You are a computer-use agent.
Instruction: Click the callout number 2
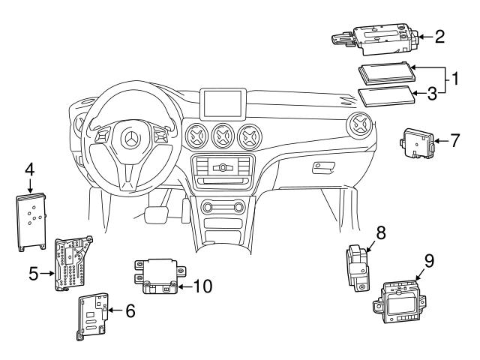[439, 37]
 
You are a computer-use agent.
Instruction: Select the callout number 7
[455, 140]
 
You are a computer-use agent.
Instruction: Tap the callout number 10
[202, 286]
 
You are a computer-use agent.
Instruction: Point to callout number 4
[30, 169]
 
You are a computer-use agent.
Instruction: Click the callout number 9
[429, 262]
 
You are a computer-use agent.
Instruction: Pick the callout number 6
[130, 310]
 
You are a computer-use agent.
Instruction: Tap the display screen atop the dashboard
[223, 103]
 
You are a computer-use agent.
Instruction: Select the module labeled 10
[160, 276]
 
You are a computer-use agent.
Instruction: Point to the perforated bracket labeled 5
[73, 263]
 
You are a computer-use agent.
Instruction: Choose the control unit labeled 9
[399, 301]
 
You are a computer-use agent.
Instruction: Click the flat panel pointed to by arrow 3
[387, 97]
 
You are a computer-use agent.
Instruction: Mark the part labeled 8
[358, 267]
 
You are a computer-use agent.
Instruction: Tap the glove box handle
[323, 168]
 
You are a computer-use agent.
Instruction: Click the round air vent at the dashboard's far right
[360, 125]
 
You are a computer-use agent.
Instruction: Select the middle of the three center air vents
[223, 136]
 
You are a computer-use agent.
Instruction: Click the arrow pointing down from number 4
[30, 185]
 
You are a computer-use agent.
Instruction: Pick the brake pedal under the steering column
[156, 214]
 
